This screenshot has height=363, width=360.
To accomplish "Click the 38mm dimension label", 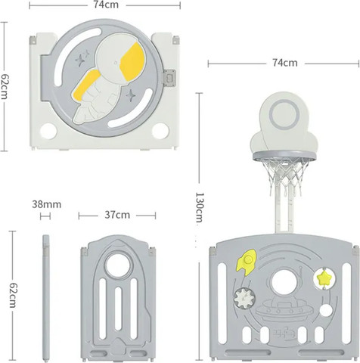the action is coord(47,204).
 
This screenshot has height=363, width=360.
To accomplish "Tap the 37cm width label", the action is coord(117,215).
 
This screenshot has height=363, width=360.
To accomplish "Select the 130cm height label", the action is coord(199,207).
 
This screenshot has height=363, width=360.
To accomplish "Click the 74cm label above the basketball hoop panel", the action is coord(284,63).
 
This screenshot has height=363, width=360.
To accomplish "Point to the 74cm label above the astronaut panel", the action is coord(106,5).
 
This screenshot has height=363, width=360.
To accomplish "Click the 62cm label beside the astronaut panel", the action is coord(4,86).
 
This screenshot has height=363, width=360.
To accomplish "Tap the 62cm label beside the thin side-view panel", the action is coord(12,295).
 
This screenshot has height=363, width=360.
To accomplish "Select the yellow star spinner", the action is coord(324,279).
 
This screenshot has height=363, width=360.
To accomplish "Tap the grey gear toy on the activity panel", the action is coord(244,298).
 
